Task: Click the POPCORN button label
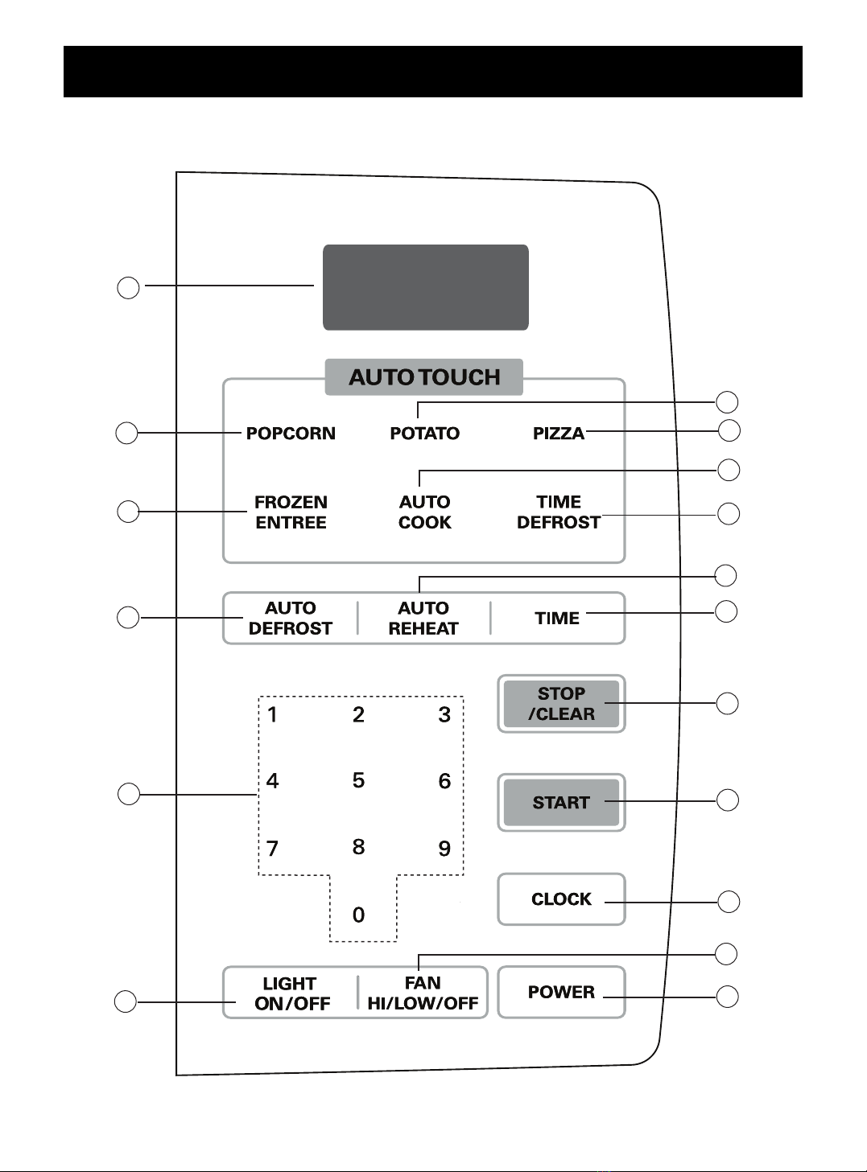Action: pos(291,434)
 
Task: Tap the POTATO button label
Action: pos(425,434)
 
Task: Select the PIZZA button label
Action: pos(559,434)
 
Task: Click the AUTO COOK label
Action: pos(425,512)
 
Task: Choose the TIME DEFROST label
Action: pos(559,512)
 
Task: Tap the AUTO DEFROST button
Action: pos(291,618)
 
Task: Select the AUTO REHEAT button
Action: pos(423,618)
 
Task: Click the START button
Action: pos(561,802)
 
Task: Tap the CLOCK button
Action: pos(561,899)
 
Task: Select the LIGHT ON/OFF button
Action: pos(291,993)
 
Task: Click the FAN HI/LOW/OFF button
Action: pos(423,993)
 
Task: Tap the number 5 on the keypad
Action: pos(359,780)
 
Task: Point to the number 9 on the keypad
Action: pos(444,849)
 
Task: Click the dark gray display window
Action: pos(426,287)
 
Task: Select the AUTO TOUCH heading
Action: pos(424,377)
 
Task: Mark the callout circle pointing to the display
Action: pos(128,288)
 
